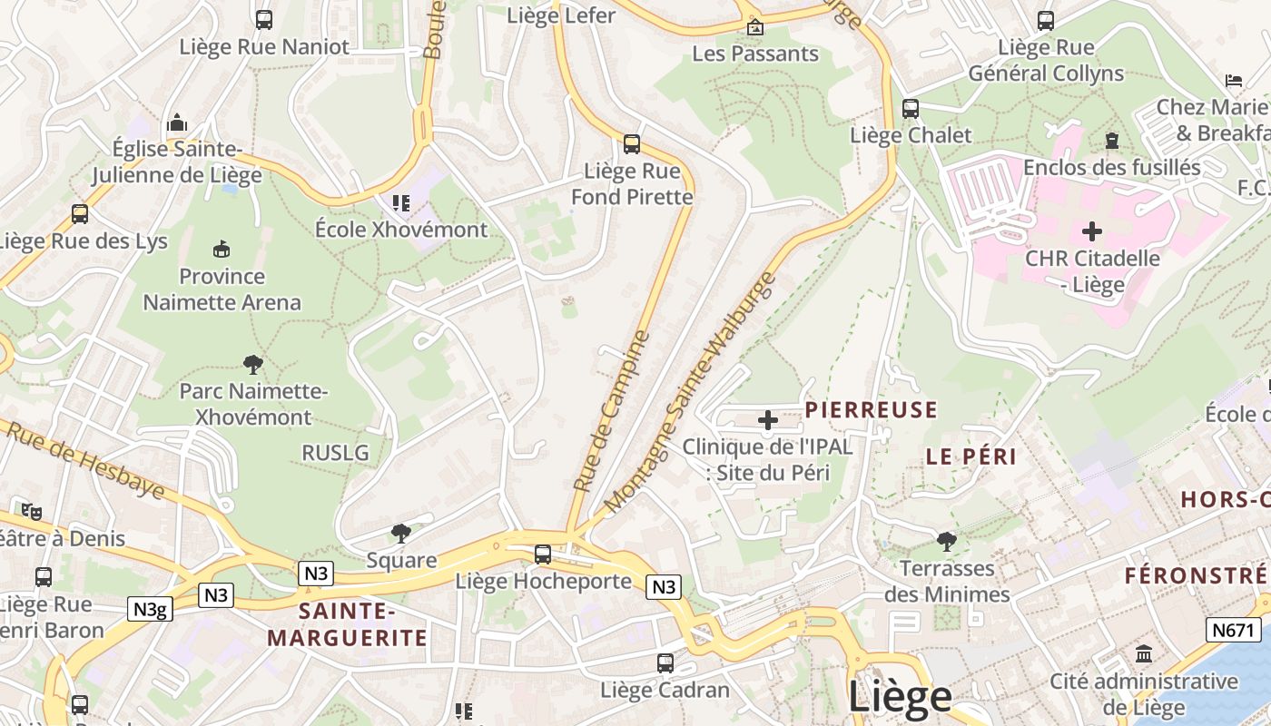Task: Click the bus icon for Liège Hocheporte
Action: [x=543, y=554]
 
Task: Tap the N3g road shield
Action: [x=150, y=609]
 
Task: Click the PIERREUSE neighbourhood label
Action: [x=871, y=410]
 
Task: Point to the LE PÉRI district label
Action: [x=971, y=456]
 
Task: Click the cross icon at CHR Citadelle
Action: [x=1092, y=231]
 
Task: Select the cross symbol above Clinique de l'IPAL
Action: [x=767, y=420]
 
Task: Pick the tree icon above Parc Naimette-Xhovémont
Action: [x=253, y=365]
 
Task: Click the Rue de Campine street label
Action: [x=613, y=411]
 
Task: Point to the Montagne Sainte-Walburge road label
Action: [x=691, y=392]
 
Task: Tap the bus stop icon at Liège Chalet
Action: [x=911, y=109]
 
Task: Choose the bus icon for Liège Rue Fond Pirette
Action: [x=632, y=143]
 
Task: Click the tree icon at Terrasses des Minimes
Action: [x=947, y=542]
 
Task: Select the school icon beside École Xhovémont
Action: [x=400, y=202]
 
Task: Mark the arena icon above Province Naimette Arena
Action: [x=221, y=249]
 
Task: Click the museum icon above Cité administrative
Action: [x=1144, y=653]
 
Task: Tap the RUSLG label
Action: [x=335, y=452]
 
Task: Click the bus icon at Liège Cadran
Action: [x=665, y=663]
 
